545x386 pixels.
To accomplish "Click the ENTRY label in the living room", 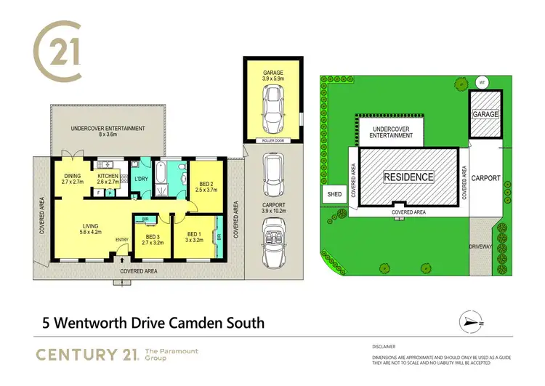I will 121,241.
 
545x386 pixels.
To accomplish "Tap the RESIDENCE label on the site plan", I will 408,177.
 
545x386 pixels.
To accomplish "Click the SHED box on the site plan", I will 334,194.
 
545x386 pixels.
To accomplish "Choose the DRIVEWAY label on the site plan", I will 483,247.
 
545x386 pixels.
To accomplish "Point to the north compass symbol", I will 469,320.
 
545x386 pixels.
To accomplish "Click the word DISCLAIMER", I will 383,347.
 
